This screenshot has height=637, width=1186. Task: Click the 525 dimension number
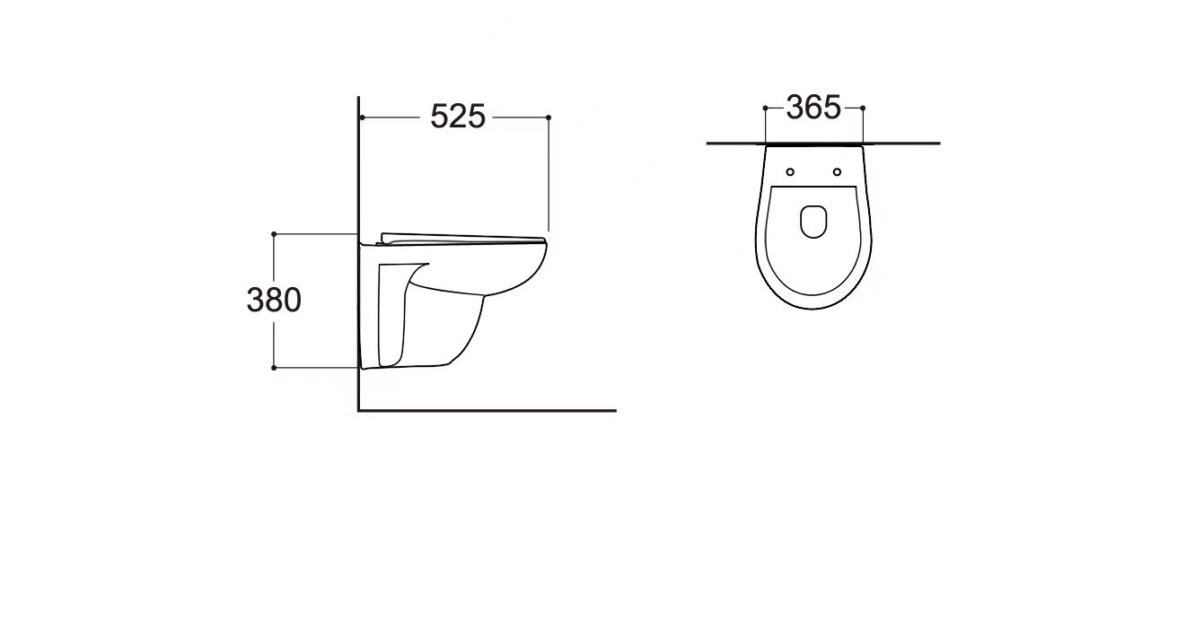pos(458,117)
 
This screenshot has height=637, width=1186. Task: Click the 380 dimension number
pos(274,300)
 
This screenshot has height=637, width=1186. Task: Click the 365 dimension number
pos(813,108)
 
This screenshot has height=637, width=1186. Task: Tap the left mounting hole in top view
pos(790,171)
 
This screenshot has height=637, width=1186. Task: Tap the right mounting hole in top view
pos(837,171)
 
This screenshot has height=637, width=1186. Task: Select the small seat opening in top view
pos(813,222)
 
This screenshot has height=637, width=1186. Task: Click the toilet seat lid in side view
pos(462,237)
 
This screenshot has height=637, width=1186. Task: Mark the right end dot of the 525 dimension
pos(549,118)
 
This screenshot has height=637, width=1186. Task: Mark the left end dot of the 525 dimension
pos(360,118)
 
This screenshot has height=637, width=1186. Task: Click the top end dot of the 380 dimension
pos(274,233)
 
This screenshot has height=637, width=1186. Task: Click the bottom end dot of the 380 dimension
pos(274,367)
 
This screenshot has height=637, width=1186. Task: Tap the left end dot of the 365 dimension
pos(765,108)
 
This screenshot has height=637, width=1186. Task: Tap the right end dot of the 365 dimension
pos(863,108)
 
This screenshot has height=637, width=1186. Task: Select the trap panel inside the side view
pos(392,314)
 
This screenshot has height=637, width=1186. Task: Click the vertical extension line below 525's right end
pos(549,179)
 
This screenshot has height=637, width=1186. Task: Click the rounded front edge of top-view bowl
pos(813,309)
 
